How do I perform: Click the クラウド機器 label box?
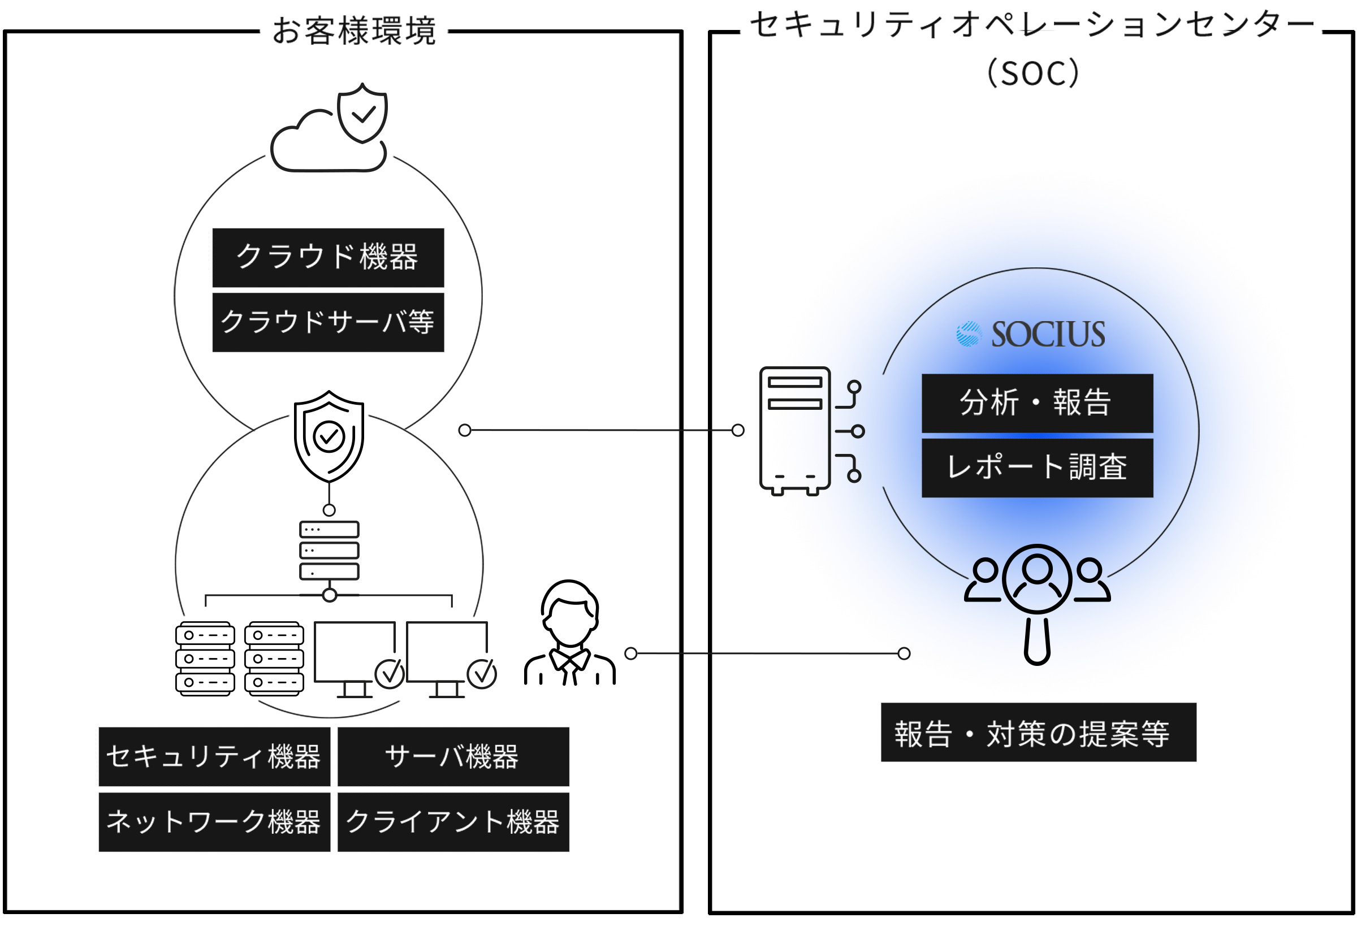point(328,257)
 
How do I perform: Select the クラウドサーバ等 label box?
point(328,322)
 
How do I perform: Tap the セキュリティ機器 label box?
point(214,756)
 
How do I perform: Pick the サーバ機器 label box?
point(453,756)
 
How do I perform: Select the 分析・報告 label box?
point(1036,403)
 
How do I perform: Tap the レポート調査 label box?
point(1036,467)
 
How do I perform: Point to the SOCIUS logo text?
point(1048,335)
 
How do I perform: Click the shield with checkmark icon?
point(362,112)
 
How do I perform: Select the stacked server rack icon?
point(329,550)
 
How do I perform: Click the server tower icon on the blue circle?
point(795,430)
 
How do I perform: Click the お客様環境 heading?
point(355,31)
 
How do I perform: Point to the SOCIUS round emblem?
point(969,335)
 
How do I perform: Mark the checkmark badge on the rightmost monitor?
point(482,674)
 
